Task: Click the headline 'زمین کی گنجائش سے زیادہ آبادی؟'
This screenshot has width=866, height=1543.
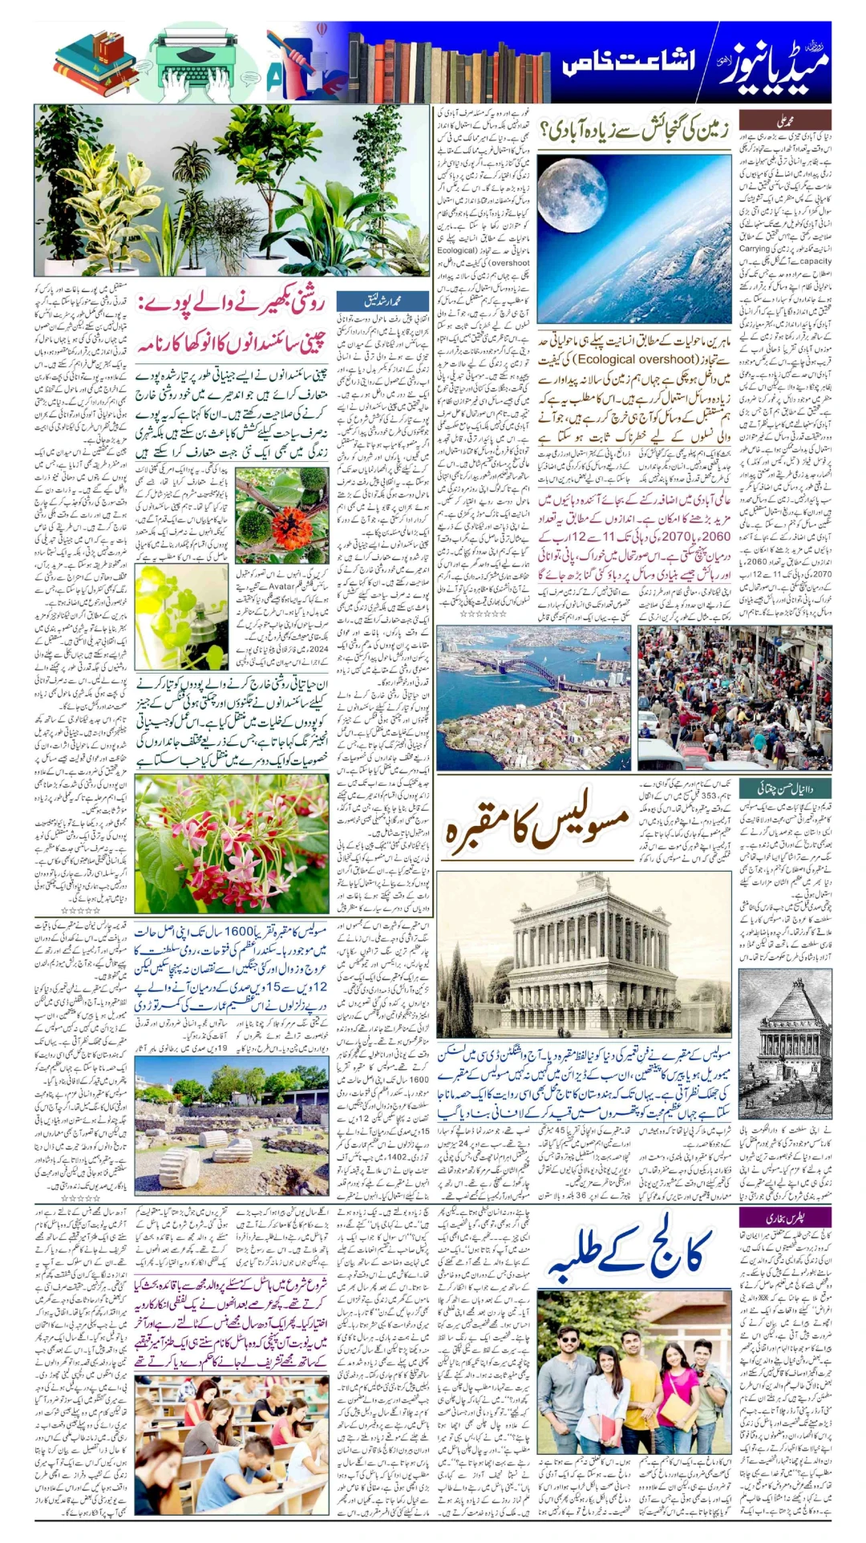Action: pyautogui.click(x=633, y=128)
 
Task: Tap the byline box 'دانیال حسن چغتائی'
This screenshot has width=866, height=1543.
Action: pyautogui.click(x=784, y=788)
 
